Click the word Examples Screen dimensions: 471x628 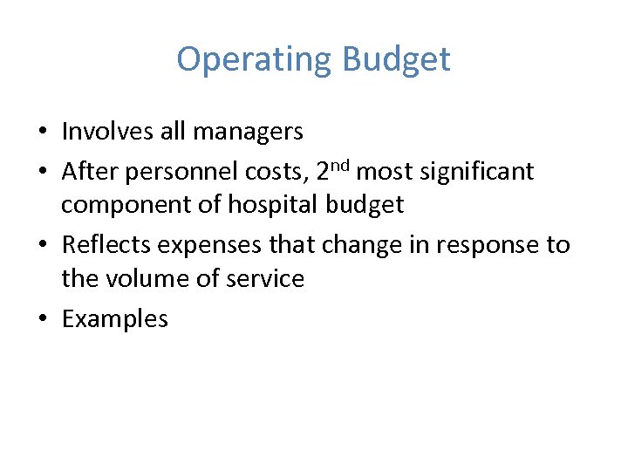(x=114, y=319)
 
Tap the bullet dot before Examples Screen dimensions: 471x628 (x=43, y=319)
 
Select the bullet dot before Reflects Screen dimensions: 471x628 (x=43, y=245)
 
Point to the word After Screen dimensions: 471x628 (x=90, y=172)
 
